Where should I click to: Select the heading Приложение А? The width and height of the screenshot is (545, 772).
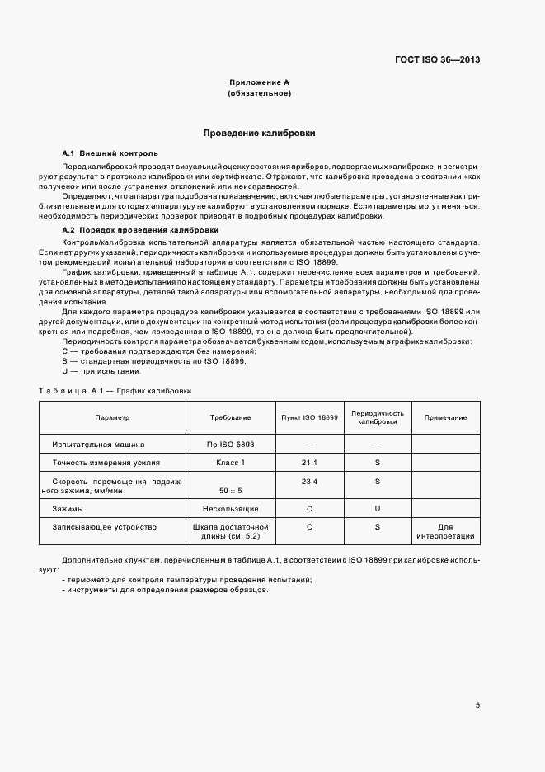click(259, 83)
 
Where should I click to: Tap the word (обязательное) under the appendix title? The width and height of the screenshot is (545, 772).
click(259, 94)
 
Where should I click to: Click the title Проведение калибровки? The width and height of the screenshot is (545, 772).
click(259, 133)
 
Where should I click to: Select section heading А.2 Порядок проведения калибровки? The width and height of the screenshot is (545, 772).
click(140, 229)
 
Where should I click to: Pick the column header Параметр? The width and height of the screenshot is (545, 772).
click(112, 417)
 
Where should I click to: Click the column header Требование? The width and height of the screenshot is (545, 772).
click(231, 417)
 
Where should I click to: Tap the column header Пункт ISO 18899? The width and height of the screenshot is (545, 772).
click(310, 417)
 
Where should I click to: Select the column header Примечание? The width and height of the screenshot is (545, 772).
click(445, 417)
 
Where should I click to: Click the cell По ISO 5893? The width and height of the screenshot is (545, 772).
click(231, 445)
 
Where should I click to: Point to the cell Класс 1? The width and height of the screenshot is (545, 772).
click(231, 463)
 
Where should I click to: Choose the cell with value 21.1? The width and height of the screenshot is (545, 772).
click(310, 463)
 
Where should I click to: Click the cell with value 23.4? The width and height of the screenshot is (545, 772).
click(310, 481)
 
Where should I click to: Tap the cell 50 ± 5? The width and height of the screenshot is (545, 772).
click(231, 491)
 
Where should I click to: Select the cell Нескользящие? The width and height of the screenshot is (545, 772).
click(231, 509)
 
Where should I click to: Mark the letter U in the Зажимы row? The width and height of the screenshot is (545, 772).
click(377, 509)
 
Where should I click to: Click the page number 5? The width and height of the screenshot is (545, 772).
click(477, 705)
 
